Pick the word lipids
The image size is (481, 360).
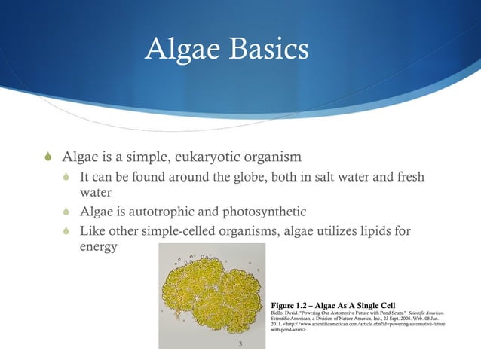tap(389, 230)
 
